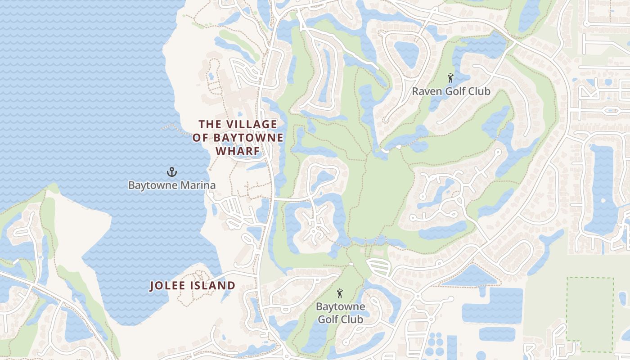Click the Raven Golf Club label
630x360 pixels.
coord(451,91)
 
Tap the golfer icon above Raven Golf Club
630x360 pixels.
coord(450,78)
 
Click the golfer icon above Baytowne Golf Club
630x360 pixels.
coord(340,294)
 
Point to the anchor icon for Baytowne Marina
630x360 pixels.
coord(171,171)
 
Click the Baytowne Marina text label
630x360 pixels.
coord(171,185)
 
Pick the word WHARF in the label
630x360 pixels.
coord(238,151)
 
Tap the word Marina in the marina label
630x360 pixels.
coord(198,185)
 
